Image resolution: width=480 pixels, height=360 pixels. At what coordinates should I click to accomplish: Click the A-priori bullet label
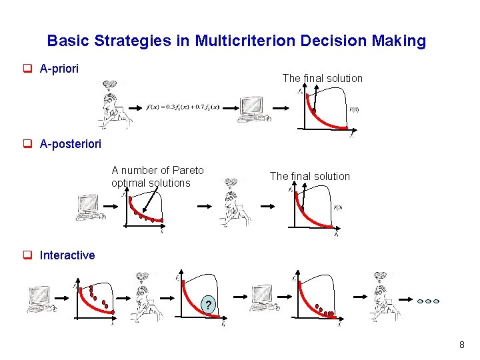point(59,69)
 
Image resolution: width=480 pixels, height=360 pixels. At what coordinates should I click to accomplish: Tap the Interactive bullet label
point(67,255)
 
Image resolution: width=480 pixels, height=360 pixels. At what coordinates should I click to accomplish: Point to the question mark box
point(209,306)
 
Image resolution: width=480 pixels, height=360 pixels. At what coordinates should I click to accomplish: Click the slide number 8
point(461,345)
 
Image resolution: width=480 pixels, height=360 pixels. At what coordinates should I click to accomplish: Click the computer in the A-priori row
point(253,108)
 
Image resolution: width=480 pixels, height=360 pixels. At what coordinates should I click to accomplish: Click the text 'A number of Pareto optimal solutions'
point(158,177)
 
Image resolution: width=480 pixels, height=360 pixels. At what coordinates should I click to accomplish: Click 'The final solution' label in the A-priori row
point(322,78)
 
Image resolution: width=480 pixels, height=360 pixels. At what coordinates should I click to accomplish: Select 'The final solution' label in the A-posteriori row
point(309,176)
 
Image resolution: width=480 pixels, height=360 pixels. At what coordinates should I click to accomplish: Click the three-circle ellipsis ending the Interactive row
point(428,301)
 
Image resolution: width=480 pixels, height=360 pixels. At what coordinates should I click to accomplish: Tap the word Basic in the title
point(69,41)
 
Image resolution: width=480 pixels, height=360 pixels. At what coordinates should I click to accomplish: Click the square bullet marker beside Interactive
point(29,255)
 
